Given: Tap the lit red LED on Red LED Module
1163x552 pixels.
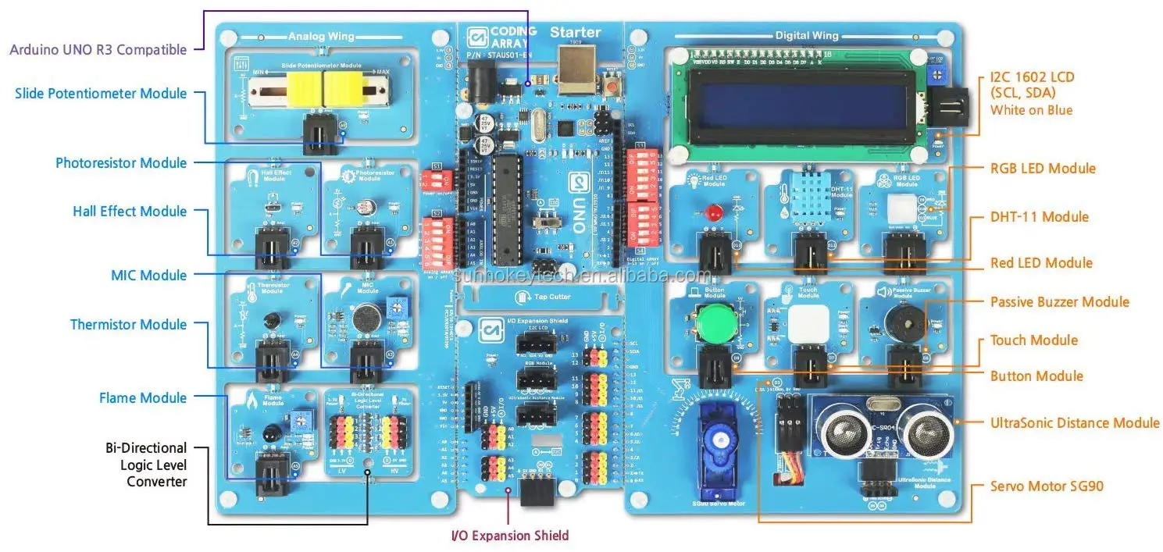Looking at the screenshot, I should tap(712, 212).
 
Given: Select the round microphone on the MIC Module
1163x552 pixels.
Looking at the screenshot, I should tap(361, 319).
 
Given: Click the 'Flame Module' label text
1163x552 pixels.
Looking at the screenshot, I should tap(143, 398).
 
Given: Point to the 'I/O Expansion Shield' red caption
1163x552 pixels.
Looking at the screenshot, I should tap(510, 536).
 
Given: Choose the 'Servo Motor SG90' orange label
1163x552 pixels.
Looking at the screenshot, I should tap(1047, 486).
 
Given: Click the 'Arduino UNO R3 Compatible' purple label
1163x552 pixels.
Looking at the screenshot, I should tap(98, 50).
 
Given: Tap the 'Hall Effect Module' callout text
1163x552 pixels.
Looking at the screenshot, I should tap(130, 212).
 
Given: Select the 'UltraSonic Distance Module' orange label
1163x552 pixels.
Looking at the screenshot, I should tap(1075, 423).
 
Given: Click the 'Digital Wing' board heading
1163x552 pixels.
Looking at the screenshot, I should tap(807, 36).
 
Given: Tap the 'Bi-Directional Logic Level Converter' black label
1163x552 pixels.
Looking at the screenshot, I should tap(146, 465).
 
